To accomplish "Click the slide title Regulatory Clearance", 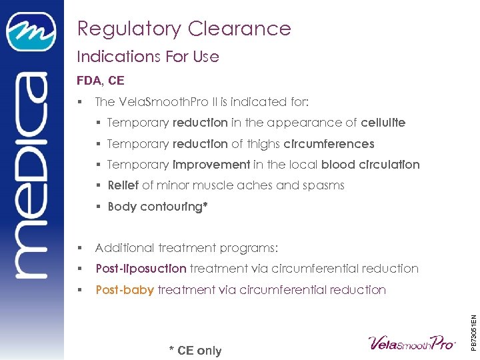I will (x=184, y=29).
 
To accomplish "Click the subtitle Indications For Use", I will (x=148, y=57).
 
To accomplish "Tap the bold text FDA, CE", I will (x=101, y=81).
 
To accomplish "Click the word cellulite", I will (x=383, y=123).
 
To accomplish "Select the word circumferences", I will (x=329, y=144).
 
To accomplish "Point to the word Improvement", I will (x=211, y=165).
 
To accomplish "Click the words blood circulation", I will (x=370, y=165).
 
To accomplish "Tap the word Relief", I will (x=123, y=185).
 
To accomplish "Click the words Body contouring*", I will (x=158, y=207).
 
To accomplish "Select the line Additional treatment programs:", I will (x=187, y=248).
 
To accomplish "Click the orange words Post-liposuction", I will (x=141, y=269).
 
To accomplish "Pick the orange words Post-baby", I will (x=125, y=290).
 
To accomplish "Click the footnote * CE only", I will (x=195, y=351).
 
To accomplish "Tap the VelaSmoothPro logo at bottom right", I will (x=412, y=343).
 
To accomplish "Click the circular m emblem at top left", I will (x=31, y=33).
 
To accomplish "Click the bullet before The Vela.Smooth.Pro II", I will (x=79, y=102).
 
